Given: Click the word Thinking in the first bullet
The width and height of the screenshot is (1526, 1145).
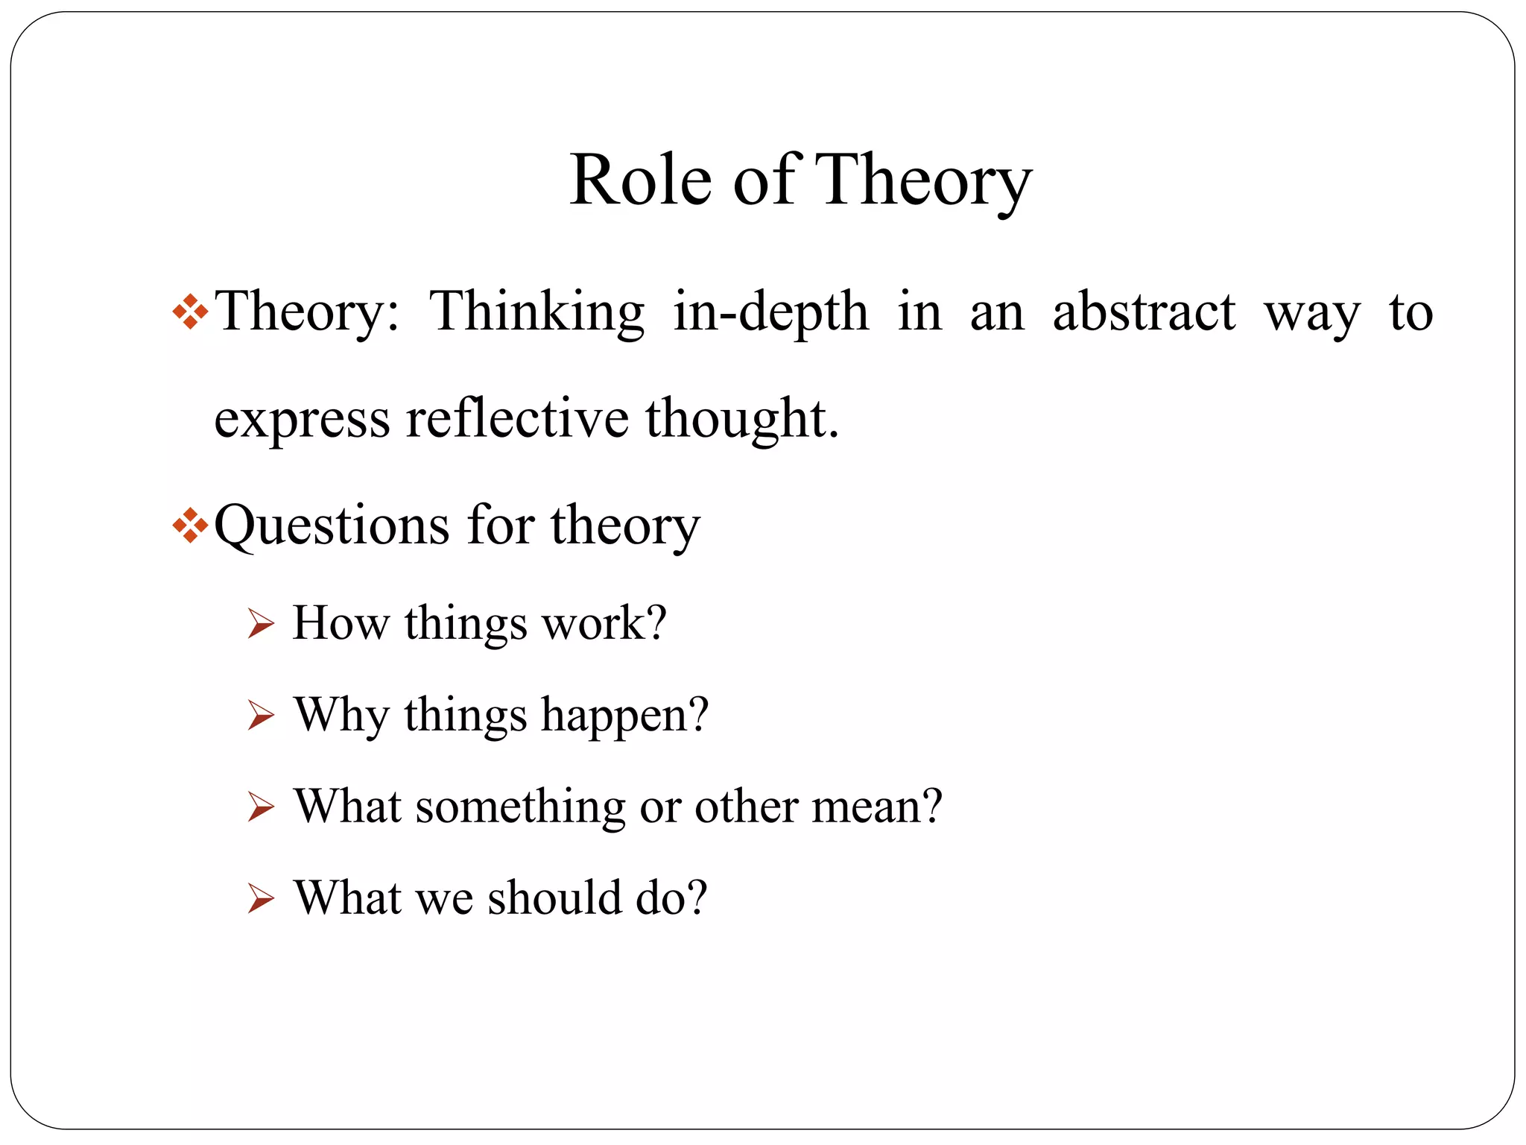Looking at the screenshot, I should [536, 312].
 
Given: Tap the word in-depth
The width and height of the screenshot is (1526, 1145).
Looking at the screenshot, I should [770, 312].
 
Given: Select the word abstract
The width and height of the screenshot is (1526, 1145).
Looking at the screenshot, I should [1144, 312].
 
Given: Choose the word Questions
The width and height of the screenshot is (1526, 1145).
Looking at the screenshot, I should [332, 526].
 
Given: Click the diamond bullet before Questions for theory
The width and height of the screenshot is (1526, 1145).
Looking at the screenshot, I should [190, 526].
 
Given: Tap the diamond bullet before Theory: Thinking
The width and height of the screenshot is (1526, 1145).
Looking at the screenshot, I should [190, 312].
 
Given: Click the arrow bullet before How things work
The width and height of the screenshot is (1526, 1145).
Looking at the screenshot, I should [261, 624].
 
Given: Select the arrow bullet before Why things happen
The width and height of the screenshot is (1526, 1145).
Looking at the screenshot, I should [261, 716].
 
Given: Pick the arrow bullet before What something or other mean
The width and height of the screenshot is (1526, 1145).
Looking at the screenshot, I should [261, 807].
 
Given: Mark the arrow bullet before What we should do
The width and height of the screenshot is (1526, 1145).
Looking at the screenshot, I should [261, 899].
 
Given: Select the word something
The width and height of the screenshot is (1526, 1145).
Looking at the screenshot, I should [521, 807].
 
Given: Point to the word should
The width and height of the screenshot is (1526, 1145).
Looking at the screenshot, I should [554, 898].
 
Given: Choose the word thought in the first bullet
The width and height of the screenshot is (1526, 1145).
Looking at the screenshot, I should [741, 418].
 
